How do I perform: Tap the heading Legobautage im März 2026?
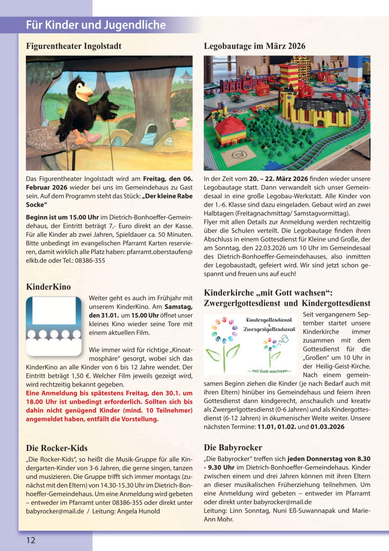[x=255, y=46]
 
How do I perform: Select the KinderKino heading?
[x=48, y=287]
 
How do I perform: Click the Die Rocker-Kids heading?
[x=56, y=448]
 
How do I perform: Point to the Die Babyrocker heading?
[x=233, y=447]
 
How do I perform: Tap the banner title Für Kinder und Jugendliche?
[x=96, y=25]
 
